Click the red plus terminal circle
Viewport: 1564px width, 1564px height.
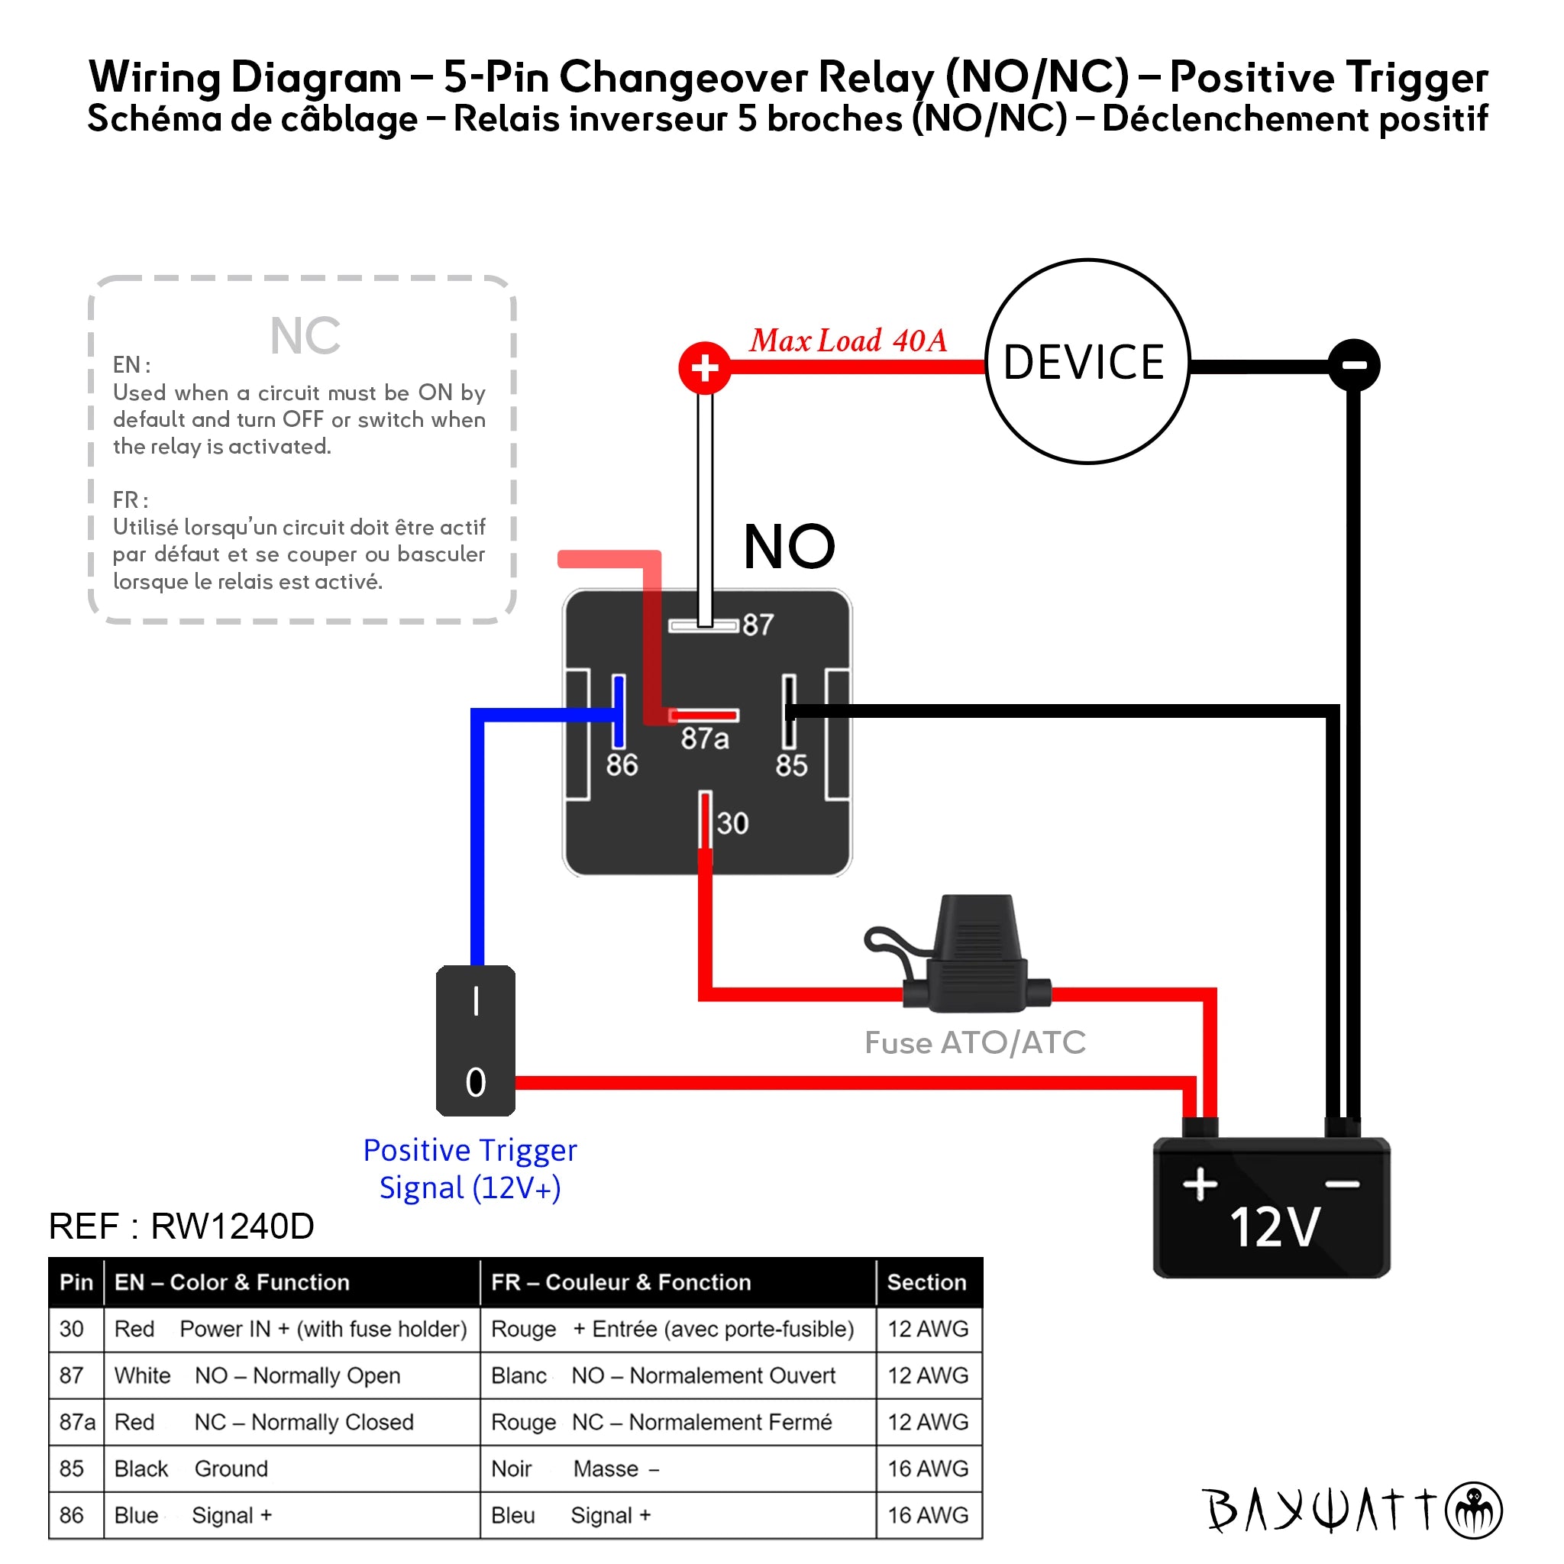(704, 368)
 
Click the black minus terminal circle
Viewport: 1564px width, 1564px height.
(1354, 365)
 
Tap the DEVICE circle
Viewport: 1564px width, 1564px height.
(1087, 362)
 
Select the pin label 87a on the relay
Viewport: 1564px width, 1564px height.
(704, 738)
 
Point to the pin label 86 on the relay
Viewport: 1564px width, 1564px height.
(622, 765)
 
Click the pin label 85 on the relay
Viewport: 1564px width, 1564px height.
(791, 765)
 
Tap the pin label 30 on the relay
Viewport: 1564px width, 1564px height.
(732, 823)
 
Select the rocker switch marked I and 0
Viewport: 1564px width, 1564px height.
(475, 1040)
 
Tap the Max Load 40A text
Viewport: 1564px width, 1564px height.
(848, 341)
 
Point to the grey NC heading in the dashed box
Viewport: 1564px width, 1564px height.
(305, 336)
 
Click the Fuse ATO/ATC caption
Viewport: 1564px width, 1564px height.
(974, 1042)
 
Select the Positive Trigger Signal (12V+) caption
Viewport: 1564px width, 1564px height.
(470, 1169)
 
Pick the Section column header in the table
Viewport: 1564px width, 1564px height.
(926, 1282)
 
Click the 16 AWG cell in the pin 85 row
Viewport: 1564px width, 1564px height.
(928, 1469)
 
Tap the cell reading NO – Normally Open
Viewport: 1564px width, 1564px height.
(297, 1375)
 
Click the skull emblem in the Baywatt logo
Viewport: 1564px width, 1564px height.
(1473, 1511)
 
